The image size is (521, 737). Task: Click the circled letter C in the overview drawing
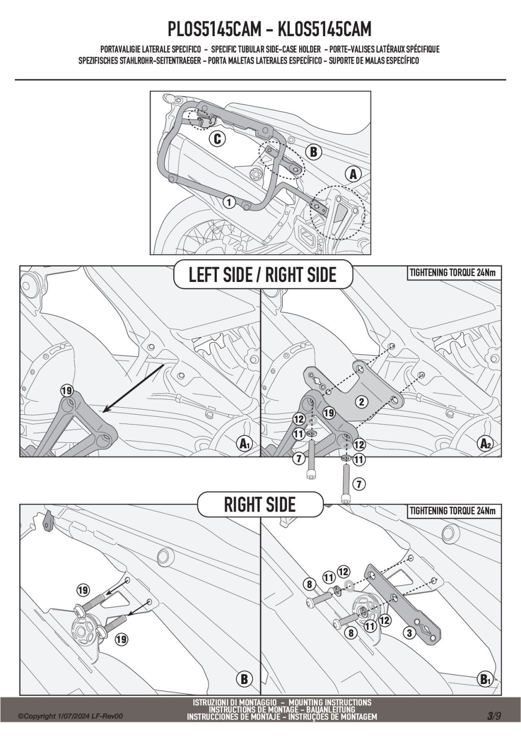coord(217,138)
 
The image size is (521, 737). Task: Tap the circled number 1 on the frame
coord(229,203)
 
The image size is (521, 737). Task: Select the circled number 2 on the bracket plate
coord(361,402)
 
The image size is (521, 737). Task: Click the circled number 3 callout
coord(409,633)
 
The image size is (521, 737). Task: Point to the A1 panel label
coord(245,444)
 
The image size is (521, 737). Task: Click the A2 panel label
coord(486,444)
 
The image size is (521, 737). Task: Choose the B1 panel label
coord(485,679)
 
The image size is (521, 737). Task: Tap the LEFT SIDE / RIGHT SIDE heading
coord(263,275)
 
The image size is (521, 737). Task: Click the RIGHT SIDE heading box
coord(260,504)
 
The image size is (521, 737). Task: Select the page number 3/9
coord(494,716)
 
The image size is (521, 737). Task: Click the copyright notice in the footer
coord(70,717)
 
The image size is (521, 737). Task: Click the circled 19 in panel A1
coord(67,391)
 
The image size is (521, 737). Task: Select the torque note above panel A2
coord(452,273)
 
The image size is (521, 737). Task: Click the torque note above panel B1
coord(452,511)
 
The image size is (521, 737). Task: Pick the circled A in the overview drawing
coord(353,174)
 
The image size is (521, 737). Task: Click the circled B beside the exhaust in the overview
coord(313,152)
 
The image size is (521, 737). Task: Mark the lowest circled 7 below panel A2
coord(359,484)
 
